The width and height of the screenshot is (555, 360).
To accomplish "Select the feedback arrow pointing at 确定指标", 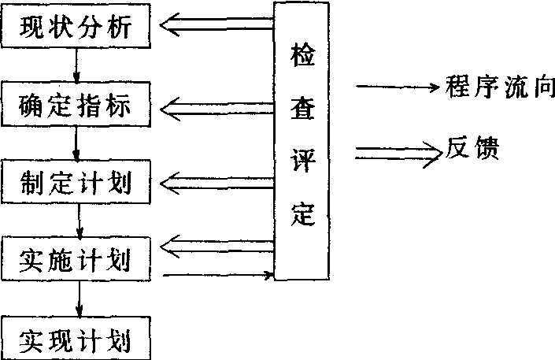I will (x=216, y=104).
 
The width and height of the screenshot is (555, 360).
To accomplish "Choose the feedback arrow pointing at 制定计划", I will (x=216, y=184).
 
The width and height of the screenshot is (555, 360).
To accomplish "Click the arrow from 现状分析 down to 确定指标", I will (x=76, y=65).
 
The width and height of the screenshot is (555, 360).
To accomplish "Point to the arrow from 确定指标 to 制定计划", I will (x=76, y=142).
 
